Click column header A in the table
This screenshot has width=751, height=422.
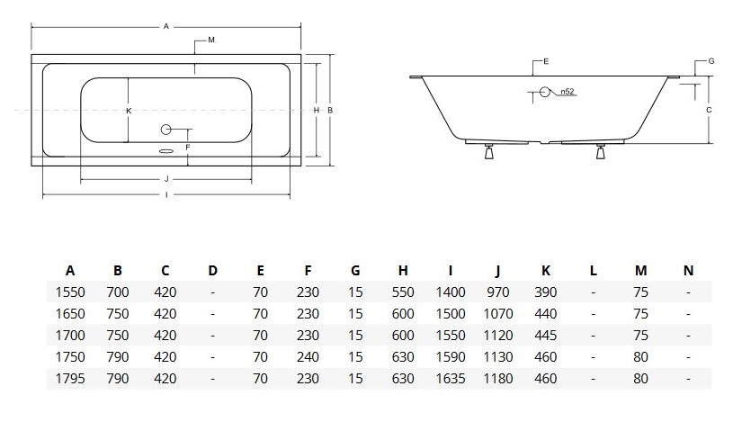(x=70, y=270)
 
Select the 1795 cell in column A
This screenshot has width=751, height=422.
(x=70, y=379)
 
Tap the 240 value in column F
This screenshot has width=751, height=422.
(x=308, y=357)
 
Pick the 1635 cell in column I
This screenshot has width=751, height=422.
(x=451, y=379)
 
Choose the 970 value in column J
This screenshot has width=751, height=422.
(x=497, y=292)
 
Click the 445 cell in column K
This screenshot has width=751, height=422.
(x=545, y=336)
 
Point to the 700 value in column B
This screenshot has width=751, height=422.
(x=117, y=292)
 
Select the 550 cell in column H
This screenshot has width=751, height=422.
(x=403, y=292)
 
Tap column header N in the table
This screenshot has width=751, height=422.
(x=688, y=270)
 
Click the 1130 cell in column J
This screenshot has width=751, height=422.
(x=497, y=357)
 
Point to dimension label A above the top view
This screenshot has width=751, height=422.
(x=166, y=27)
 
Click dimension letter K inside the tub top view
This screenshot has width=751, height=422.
(x=130, y=110)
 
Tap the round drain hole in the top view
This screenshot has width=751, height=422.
(x=165, y=129)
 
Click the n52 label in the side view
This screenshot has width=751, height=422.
(x=567, y=92)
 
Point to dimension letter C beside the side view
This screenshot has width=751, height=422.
(x=709, y=110)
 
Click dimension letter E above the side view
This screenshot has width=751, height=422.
(x=546, y=60)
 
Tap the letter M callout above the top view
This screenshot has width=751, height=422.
(x=210, y=40)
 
